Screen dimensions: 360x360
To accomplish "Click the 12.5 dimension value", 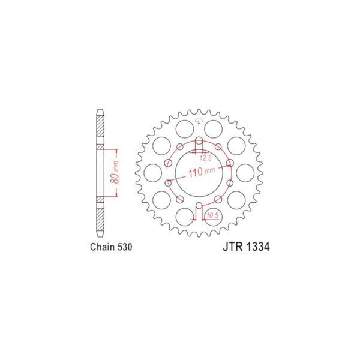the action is point(205,158).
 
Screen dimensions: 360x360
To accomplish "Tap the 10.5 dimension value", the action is point(212,216).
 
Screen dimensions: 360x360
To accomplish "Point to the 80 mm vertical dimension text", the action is point(116,172).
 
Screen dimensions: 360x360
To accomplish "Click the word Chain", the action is point(102,247).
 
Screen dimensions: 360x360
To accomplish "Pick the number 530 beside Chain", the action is point(125,247).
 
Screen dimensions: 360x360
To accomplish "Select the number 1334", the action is point(258,247).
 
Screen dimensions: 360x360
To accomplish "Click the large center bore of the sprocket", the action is point(199,173).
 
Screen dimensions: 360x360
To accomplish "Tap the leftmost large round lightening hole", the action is point(152,173).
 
